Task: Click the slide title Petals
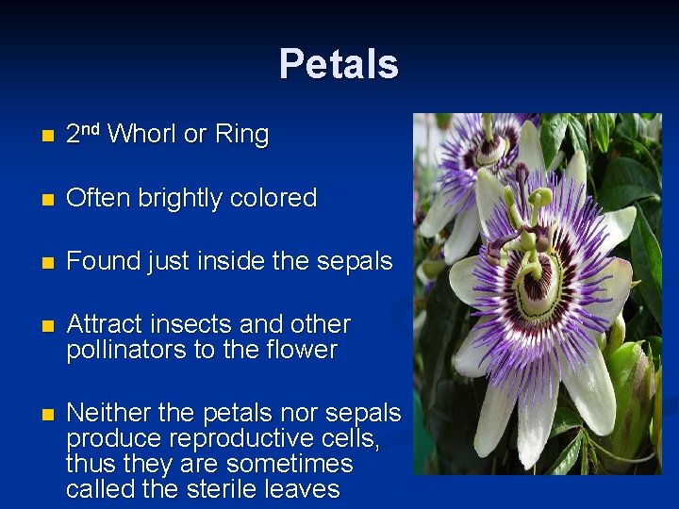coord(339,64)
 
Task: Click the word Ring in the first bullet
coord(241,135)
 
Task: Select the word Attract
coord(103,324)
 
